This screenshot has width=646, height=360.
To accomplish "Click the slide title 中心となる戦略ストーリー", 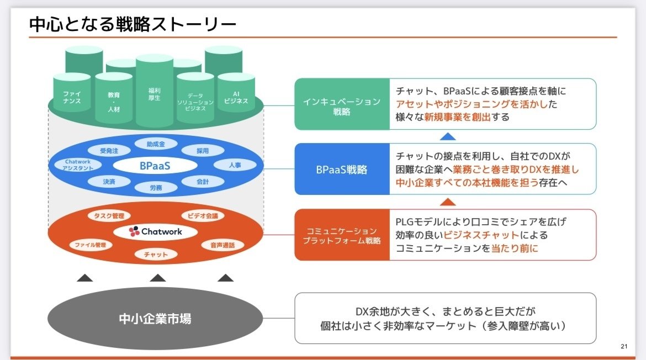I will (x=133, y=25).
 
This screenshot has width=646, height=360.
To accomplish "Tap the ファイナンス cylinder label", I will (x=71, y=98).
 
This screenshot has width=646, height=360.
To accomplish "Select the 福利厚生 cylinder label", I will (x=155, y=94).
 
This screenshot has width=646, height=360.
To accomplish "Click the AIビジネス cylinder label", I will (x=236, y=98).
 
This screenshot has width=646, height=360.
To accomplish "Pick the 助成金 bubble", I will (x=155, y=144).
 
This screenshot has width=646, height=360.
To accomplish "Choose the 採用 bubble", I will (x=202, y=150).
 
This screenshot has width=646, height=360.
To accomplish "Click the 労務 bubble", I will (x=155, y=187).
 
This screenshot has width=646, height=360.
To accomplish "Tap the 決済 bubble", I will (x=109, y=181).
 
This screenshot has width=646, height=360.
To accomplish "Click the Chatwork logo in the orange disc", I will (x=155, y=231).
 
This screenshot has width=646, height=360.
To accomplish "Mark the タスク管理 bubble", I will (x=109, y=215).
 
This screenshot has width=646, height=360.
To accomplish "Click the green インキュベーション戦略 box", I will (x=342, y=104).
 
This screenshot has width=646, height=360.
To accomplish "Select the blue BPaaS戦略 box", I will (x=342, y=170).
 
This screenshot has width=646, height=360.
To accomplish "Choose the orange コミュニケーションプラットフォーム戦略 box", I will (x=342, y=235).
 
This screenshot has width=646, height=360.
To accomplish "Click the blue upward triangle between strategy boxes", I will (x=449, y=136).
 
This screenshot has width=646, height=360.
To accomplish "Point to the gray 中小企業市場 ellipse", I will (x=155, y=319).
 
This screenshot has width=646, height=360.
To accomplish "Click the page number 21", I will (x=624, y=346).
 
